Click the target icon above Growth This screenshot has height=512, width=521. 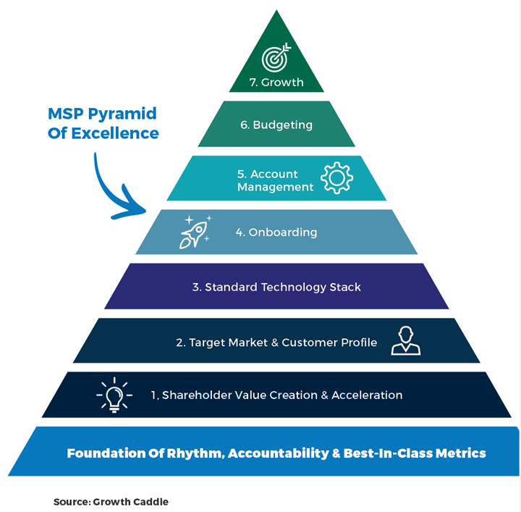(x=276, y=57)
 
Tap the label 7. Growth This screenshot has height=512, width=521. (x=276, y=83)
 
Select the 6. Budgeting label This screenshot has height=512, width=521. (x=276, y=125)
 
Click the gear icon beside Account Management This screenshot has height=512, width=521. (x=336, y=177)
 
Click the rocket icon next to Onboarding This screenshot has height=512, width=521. (x=195, y=232)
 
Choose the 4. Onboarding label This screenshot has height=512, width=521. (x=276, y=232)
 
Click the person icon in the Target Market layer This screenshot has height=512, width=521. (x=405, y=340)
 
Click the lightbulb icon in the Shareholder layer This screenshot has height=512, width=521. (x=114, y=395)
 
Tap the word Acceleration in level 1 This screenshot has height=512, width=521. (x=368, y=395)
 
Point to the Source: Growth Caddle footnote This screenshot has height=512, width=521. (x=111, y=501)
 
